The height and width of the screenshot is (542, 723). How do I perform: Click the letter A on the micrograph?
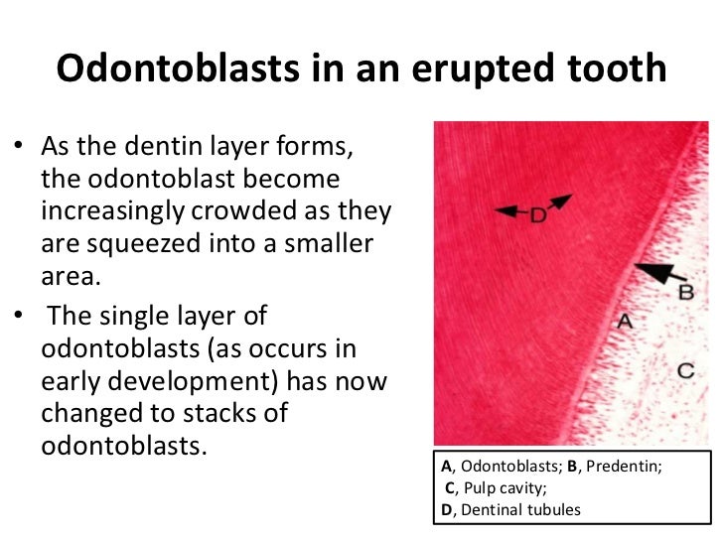coord(625,321)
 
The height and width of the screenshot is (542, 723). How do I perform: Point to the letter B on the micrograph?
coord(684,292)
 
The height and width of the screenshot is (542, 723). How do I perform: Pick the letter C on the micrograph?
coord(684,370)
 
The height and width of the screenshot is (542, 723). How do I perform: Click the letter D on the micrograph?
coord(537,211)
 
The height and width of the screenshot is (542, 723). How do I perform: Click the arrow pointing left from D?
coord(509,210)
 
